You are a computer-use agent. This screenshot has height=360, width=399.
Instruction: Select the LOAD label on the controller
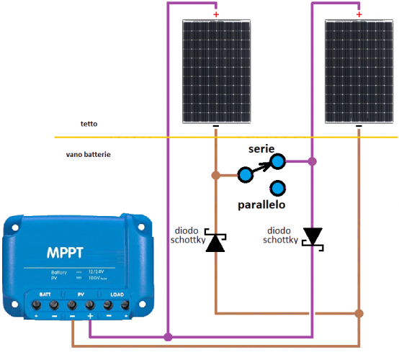coord(115,294)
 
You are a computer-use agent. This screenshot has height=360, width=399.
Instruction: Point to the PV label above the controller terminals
coord(81,294)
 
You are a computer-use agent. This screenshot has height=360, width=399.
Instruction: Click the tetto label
coord(89,125)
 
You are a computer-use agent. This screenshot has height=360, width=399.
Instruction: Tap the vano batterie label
coord(89,154)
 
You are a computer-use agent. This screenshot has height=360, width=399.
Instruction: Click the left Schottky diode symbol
coord(215,242)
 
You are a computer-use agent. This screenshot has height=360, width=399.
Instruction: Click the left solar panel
coord(215,71)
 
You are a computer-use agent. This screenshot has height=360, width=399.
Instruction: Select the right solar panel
coord(359,71)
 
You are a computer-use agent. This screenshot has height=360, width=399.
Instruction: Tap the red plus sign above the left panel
coord(215,13)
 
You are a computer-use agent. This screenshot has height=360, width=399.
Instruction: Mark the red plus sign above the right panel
coord(359,13)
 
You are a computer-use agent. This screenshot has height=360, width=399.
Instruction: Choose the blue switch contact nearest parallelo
coord(276,189)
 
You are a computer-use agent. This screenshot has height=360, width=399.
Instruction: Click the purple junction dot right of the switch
coord(311,161)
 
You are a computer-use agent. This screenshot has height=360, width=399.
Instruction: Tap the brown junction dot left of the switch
coord(215,174)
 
